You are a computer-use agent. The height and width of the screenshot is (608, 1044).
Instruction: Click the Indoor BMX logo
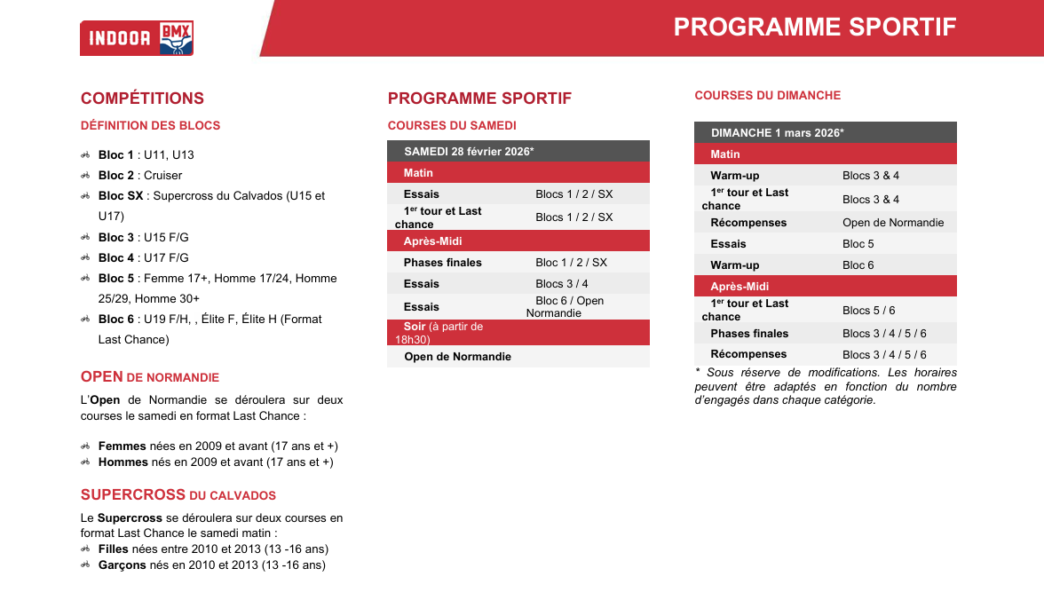[x=137, y=38]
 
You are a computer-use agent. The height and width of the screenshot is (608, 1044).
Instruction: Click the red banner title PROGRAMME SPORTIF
[x=814, y=28]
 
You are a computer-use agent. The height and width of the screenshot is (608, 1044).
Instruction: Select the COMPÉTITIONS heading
[x=142, y=99]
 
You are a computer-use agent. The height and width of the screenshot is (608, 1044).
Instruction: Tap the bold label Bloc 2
[x=115, y=175]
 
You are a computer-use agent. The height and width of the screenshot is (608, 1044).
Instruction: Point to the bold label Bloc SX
[x=121, y=196]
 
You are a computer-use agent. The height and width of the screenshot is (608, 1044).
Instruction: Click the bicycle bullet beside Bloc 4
[x=85, y=257]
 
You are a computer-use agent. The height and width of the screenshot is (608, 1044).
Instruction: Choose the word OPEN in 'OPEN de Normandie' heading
[x=102, y=377]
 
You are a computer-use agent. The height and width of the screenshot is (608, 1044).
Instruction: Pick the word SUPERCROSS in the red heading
[x=133, y=494]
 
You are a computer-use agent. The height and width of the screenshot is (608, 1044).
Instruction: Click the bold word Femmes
[x=123, y=446]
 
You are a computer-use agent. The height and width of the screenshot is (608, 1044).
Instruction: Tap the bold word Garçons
[x=123, y=565]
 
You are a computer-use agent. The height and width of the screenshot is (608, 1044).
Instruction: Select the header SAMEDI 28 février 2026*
[x=469, y=151]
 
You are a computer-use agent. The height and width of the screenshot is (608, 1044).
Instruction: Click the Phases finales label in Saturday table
[x=443, y=263]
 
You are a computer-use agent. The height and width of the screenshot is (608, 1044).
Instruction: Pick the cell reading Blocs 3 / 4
[x=562, y=284]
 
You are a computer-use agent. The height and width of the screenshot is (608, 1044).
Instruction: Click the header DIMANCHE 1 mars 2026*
[x=778, y=132]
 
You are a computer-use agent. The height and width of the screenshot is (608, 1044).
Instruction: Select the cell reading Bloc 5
[x=858, y=244]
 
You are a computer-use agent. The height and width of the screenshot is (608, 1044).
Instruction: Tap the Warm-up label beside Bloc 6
[x=735, y=265]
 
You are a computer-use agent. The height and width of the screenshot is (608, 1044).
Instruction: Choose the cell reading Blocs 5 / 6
[x=869, y=311]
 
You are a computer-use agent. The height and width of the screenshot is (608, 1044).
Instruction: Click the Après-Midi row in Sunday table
[x=826, y=286]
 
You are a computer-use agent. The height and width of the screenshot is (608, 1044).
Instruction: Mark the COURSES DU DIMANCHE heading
[x=768, y=95]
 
